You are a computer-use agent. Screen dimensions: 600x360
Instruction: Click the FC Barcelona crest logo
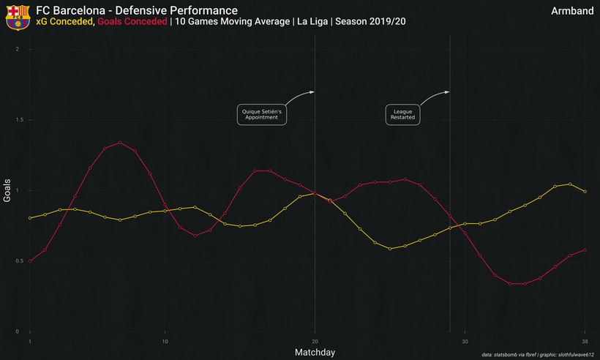(18, 18)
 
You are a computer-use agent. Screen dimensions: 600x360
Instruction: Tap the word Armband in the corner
(572, 11)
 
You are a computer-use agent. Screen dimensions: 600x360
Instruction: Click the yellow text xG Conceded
(64, 21)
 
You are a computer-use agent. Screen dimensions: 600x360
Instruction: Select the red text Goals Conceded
(132, 21)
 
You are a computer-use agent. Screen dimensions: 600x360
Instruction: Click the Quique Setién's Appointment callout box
(262, 114)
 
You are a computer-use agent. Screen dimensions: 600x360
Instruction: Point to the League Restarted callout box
(402, 114)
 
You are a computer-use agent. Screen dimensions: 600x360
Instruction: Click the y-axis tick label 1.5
(20, 120)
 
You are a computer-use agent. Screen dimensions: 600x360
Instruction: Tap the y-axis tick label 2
(18, 49)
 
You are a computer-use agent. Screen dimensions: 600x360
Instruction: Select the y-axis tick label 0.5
(20, 261)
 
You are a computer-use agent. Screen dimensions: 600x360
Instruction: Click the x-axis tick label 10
(165, 341)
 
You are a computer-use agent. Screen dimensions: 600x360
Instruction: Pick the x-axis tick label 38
(585, 341)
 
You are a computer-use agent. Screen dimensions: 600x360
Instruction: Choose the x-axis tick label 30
(465, 341)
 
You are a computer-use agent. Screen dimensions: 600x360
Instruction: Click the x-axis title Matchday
(315, 353)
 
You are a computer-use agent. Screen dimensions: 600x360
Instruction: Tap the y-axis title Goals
(7, 190)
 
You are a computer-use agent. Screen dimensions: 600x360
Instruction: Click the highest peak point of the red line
(120, 143)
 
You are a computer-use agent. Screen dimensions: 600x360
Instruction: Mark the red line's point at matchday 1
(30, 261)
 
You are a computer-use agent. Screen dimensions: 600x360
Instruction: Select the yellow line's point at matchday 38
(585, 192)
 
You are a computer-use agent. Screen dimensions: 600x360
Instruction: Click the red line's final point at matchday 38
(585, 250)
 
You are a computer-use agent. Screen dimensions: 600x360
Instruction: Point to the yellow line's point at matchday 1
(30, 218)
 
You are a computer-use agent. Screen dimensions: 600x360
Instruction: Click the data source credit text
(538, 355)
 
